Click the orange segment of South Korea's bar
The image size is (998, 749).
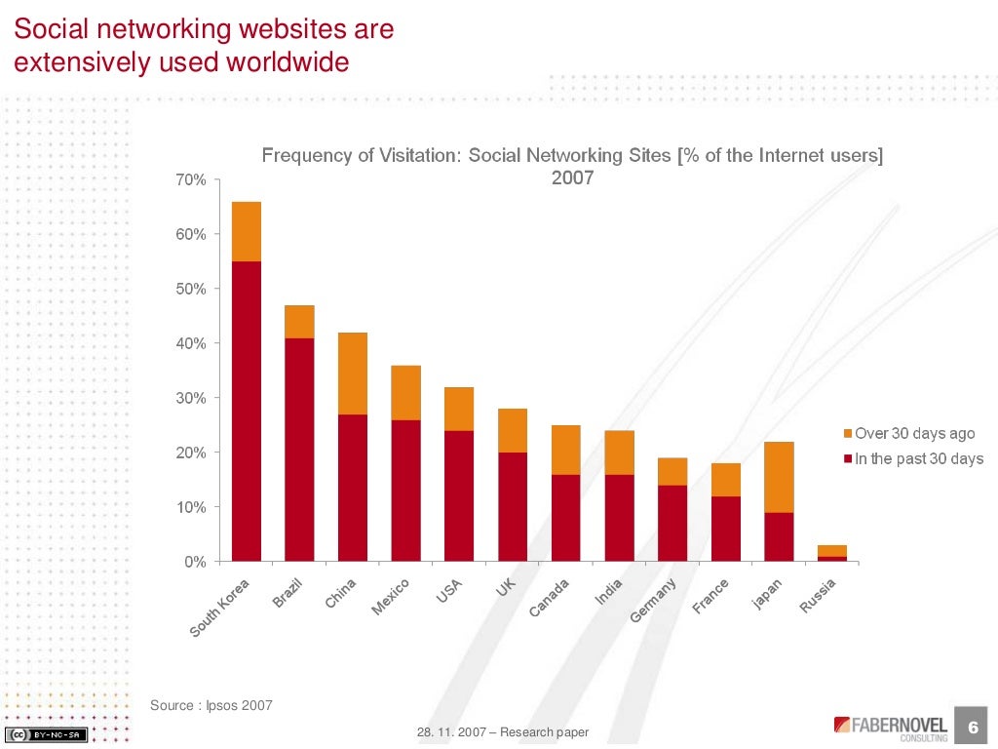pos(247,231)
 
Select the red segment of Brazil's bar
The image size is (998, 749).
pos(299,449)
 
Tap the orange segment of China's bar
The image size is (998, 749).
pos(353,374)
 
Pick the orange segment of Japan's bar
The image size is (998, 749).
pos(779,477)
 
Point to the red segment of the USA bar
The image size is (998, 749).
pos(459,495)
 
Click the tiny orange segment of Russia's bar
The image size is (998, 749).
pos(831,550)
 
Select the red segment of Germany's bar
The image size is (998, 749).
pos(672,523)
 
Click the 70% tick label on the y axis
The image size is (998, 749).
pos(191,180)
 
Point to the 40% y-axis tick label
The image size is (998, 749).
pos(191,344)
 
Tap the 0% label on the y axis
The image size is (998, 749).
pos(195,563)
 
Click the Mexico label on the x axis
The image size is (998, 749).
pos(390,597)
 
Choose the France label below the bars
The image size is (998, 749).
pos(711,596)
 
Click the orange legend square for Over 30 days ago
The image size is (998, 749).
pos(847,434)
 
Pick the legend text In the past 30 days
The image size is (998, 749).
pos(919,459)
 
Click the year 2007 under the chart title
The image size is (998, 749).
pos(572,178)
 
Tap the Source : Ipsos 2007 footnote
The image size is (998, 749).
pos(211,705)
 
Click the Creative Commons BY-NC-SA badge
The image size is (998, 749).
pos(47,734)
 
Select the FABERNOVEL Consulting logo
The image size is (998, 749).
pos(890,728)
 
